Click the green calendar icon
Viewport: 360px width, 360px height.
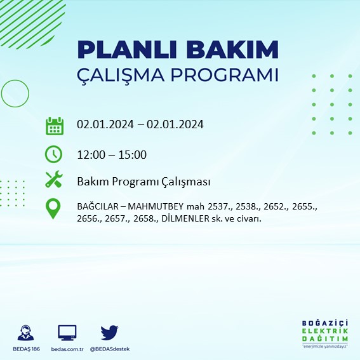(55, 125)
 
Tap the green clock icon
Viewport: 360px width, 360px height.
(54, 154)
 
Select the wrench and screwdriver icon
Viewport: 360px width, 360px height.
(54, 180)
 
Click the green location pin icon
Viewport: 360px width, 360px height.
(54, 209)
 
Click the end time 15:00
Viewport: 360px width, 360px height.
(133, 155)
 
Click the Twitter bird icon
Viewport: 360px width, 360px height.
(109, 332)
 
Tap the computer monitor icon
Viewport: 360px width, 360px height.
(67, 332)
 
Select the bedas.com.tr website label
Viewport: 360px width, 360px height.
(67, 350)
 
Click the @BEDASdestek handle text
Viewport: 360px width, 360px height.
(109, 350)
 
